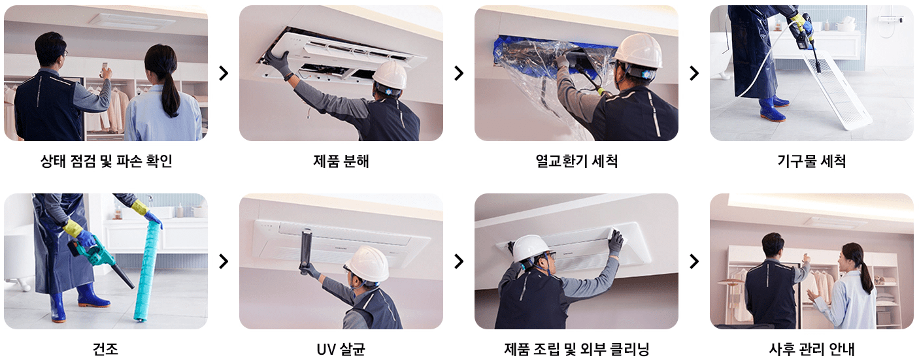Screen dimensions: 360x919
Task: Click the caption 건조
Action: (x=106, y=349)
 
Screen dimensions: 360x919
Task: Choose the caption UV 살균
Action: (x=341, y=349)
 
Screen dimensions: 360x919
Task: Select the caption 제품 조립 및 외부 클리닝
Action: (x=576, y=349)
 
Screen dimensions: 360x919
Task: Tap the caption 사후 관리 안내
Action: (x=811, y=349)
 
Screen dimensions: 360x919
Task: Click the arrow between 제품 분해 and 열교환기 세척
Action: (x=459, y=73)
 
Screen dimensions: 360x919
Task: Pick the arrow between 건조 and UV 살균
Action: (x=224, y=261)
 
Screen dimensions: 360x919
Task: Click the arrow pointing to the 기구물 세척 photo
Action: (x=694, y=73)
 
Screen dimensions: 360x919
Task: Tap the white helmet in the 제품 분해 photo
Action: (x=390, y=76)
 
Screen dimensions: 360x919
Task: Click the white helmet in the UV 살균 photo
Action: (x=367, y=263)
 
